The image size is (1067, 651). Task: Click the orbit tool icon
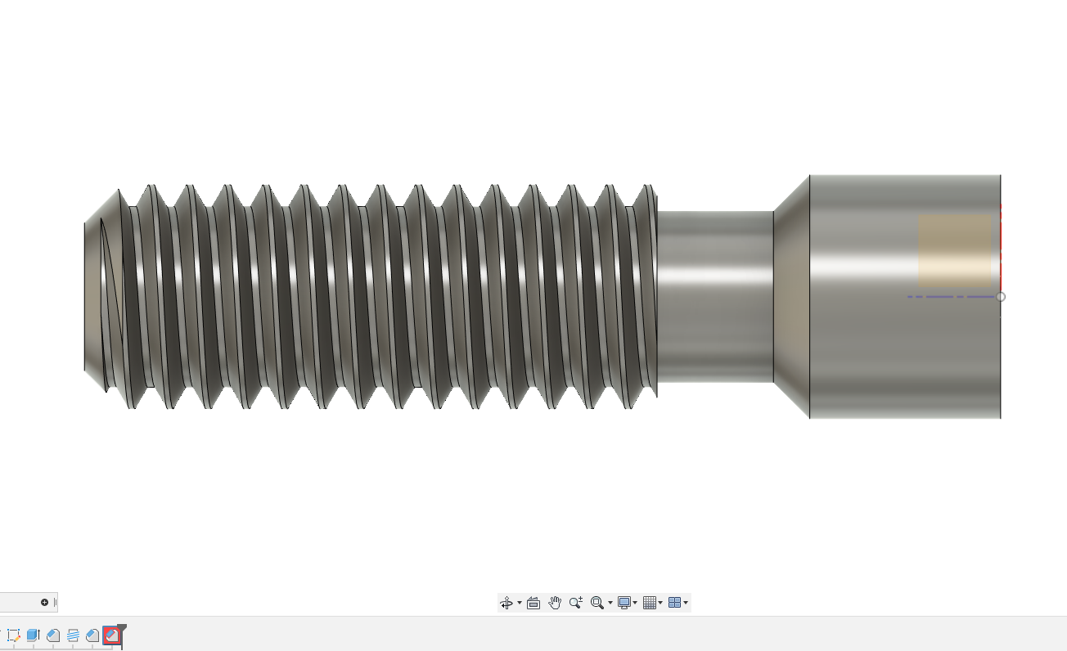pos(506,603)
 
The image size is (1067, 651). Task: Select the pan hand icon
pos(555,603)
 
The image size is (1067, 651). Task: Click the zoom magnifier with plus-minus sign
pos(576,603)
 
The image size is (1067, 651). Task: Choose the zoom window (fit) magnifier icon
pos(597,603)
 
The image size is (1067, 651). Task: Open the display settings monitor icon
pos(624,603)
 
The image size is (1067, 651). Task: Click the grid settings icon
pos(651,603)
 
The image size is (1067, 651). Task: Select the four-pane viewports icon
pos(675,603)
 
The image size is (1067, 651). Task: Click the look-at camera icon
pos(533,603)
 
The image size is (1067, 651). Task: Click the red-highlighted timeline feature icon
pos(112,635)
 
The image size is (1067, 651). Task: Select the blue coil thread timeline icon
pos(73,635)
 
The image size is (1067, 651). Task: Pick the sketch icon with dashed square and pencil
pos(13,635)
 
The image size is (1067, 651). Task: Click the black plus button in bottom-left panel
pos(44,603)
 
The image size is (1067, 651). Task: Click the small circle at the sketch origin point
pos(1000,297)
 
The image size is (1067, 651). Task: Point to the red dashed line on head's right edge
pos(1000,245)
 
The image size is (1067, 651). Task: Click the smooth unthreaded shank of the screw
pos(716,297)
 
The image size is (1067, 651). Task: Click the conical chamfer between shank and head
pos(791,297)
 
